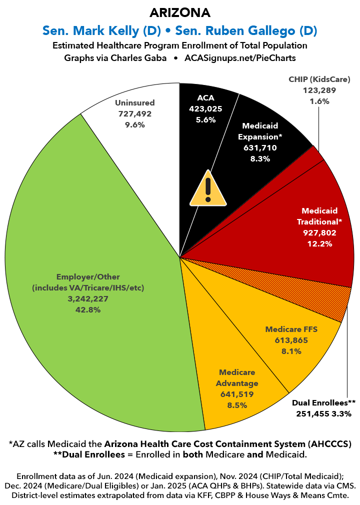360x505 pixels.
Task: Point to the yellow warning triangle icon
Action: coord(208,189)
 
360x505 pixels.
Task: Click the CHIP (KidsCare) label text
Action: coord(319,79)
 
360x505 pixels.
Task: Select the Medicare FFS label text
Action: coord(291,329)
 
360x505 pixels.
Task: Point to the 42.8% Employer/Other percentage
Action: coord(87,310)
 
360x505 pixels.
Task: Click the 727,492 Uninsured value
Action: coord(135,113)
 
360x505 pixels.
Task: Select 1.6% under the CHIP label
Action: coord(319,101)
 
